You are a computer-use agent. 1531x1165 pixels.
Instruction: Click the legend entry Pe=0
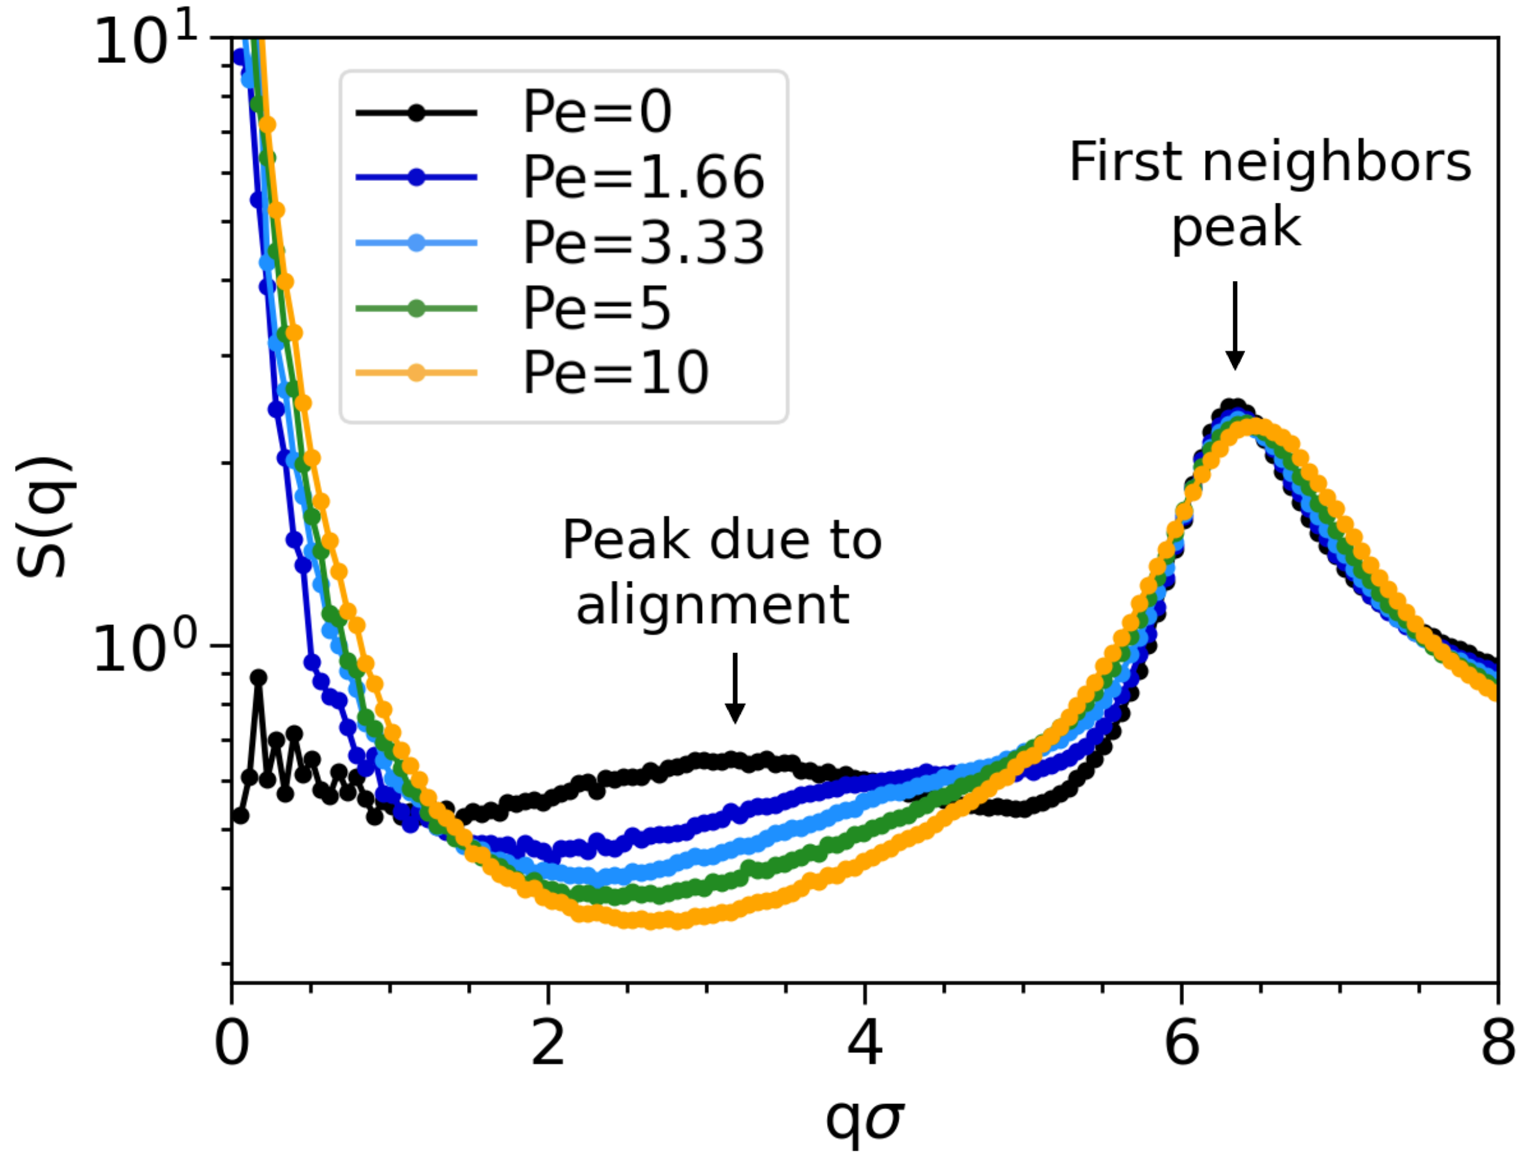coord(596,113)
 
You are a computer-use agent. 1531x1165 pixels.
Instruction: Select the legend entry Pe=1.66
coord(643,177)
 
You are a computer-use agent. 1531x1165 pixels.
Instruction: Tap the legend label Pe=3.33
coord(643,243)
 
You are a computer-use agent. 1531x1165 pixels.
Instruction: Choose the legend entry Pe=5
coord(596,308)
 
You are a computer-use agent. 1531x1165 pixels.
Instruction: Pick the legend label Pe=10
coord(615,373)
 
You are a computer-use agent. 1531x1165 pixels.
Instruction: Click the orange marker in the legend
coord(416,373)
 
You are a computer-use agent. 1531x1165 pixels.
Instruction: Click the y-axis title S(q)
coord(43,517)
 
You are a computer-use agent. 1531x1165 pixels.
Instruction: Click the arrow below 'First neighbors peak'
coord(1235,326)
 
